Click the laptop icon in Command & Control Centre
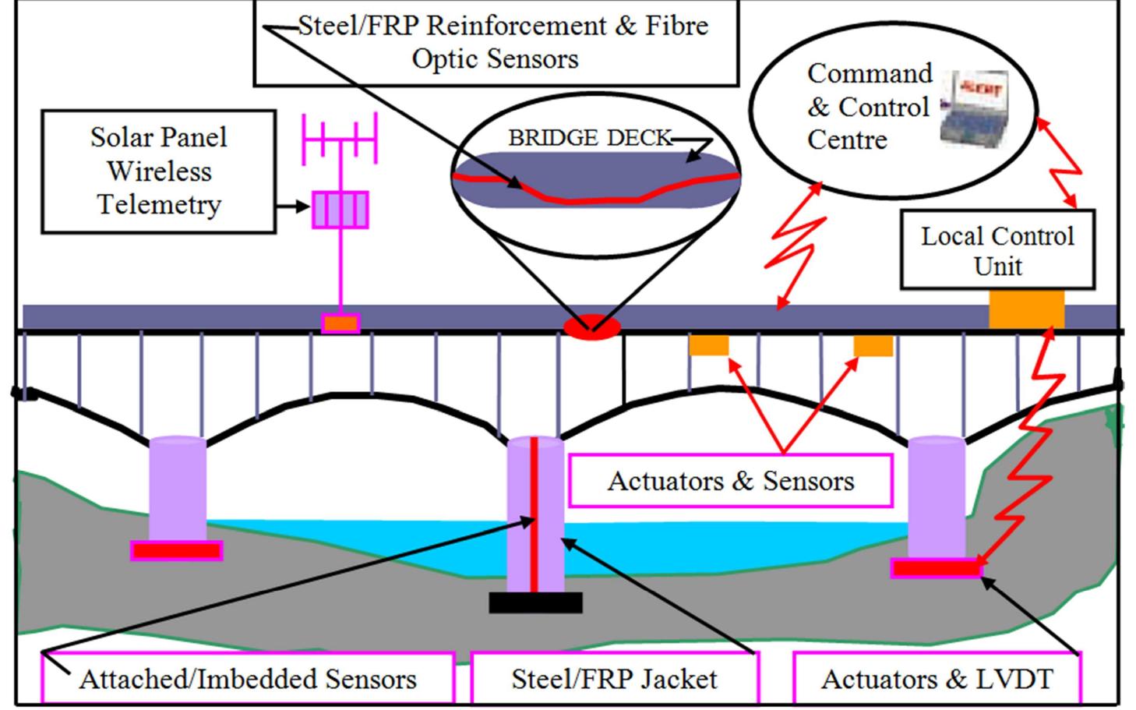[x=973, y=108]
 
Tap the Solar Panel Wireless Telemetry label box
[x=158, y=171]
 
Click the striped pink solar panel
[x=340, y=210]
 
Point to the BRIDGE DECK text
[x=589, y=138]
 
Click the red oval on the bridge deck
[x=592, y=326]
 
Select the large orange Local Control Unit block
[x=1026, y=309]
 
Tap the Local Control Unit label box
[x=997, y=250]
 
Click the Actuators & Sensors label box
[x=730, y=481]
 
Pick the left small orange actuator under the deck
[x=708, y=345]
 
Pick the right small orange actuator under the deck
[x=873, y=345]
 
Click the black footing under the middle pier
[x=535, y=602]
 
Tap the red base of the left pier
[x=176, y=551]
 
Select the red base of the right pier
[x=936, y=568]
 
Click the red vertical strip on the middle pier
[x=534, y=514]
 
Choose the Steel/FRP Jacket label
[x=614, y=679]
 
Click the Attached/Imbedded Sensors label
[x=248, y=679]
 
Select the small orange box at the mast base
[x=340, y=323]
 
